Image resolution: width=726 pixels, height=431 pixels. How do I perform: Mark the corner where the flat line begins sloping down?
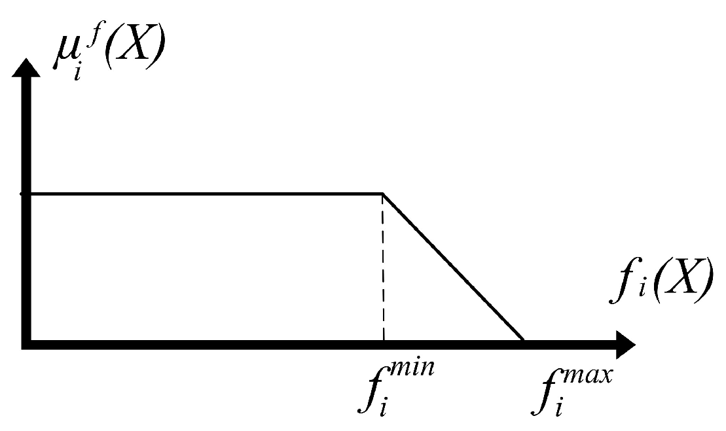[383, 194]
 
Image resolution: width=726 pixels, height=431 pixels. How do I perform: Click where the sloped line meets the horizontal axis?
[522, 339]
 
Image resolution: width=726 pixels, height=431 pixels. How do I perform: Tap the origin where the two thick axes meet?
[26, 342]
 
